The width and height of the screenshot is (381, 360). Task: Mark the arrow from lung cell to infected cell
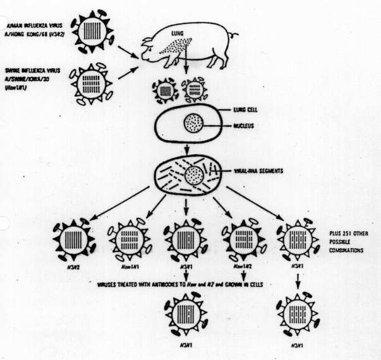188,150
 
